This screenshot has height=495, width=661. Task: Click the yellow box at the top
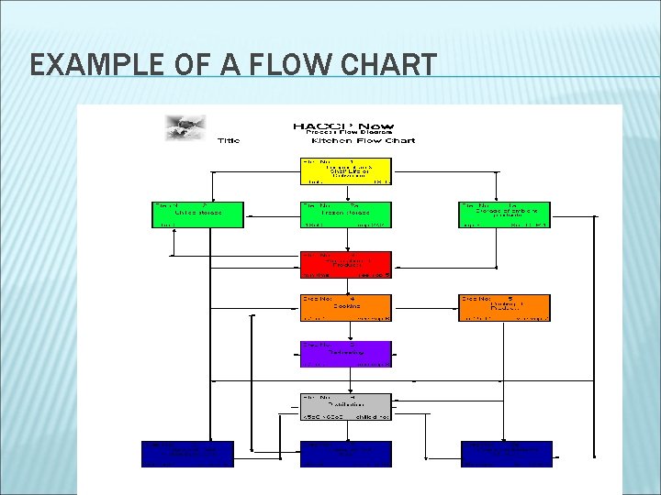pyautogui.click(x=346, y=170)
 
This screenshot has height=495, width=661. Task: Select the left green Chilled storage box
pyautogui.click(x=197, y=214)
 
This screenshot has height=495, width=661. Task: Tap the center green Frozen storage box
pyautogui.click(x=346, y=214)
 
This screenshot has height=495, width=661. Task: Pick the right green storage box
pyautogui.click(x=505, y=214)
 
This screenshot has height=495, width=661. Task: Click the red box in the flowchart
pyautogui.click(x=346, y=264)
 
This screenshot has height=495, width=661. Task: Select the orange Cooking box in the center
pyautogui.click(x=346, y=307)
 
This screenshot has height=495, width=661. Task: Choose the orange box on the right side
pyautogui.click(x=505, y=307)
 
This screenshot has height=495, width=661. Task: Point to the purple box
pyautogui.click(x=346, y=354)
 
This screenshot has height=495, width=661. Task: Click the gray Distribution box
pyautogui.click(x=346, y=406)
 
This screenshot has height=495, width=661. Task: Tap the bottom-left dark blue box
pyautogui.click(x=188, y=454)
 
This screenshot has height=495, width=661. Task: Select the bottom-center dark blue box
pyautogui.click(x=346, y=454)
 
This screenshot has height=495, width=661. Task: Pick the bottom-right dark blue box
pyautogui.click(x=507, y=454)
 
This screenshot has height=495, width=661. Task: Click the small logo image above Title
pyautogui.click(x=186, y=126)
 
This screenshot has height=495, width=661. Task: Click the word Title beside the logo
pyautogui.click(x=229, y=140)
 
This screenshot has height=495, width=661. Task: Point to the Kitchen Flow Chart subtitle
pyautogui.click(x=363, y=140)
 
